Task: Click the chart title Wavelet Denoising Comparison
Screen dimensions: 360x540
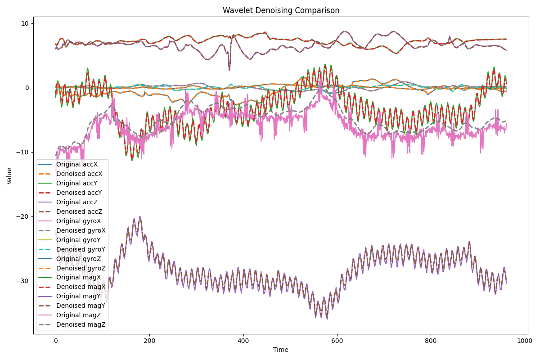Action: tap(281, 10)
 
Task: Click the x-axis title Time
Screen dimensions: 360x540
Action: tap(281, 350)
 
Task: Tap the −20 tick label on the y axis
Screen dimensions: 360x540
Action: tap(22, 216)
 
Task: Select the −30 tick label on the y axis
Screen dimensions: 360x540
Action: tap(22, 281)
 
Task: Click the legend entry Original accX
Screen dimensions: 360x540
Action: tap(77, 165)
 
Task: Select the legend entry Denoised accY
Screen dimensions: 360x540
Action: tap(77, 193)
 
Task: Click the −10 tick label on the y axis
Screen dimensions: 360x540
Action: tap(22, 152)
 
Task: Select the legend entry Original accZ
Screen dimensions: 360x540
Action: tap(77, 202)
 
